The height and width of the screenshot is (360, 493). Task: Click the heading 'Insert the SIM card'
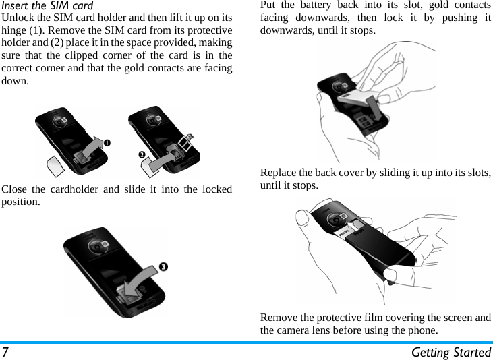tap(47, 6)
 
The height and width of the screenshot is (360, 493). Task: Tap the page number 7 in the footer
tap(5, 352)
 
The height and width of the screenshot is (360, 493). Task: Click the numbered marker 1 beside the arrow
tap(107, 142)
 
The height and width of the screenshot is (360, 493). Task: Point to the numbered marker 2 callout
tap(142, 156)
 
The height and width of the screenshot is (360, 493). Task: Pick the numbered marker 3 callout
tap(163, 266)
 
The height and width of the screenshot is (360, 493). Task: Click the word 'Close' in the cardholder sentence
tap(16, 189)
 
